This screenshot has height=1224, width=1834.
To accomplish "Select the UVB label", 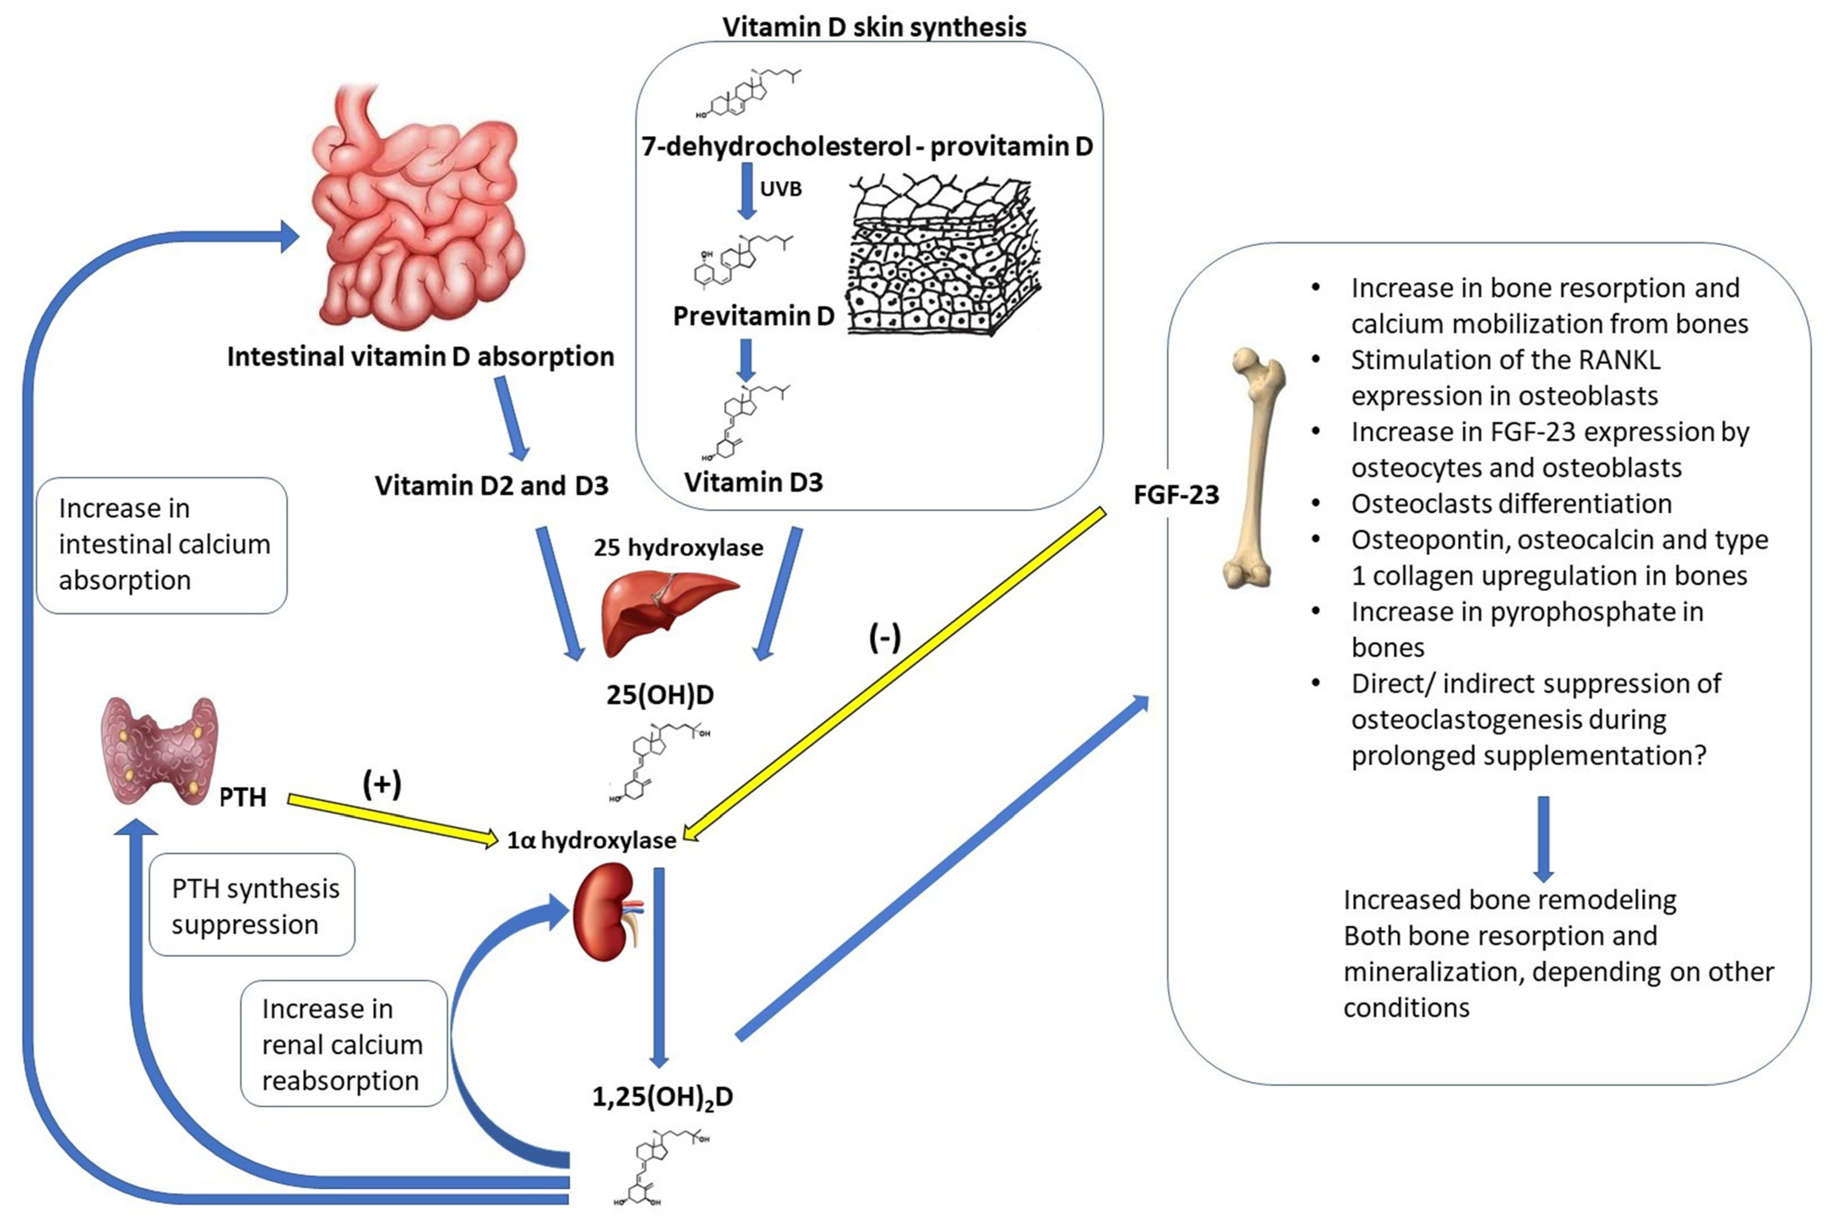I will (x=781, y=189).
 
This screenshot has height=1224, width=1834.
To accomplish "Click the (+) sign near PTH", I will (x=382, y=783).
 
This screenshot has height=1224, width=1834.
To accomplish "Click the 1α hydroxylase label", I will (x=592, y=840).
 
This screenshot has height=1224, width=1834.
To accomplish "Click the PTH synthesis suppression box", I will (x=252, y=906).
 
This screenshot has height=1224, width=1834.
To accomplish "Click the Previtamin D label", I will (x=753, y=316).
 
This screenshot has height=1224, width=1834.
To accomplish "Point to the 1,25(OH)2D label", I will (x=662, y=1097).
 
